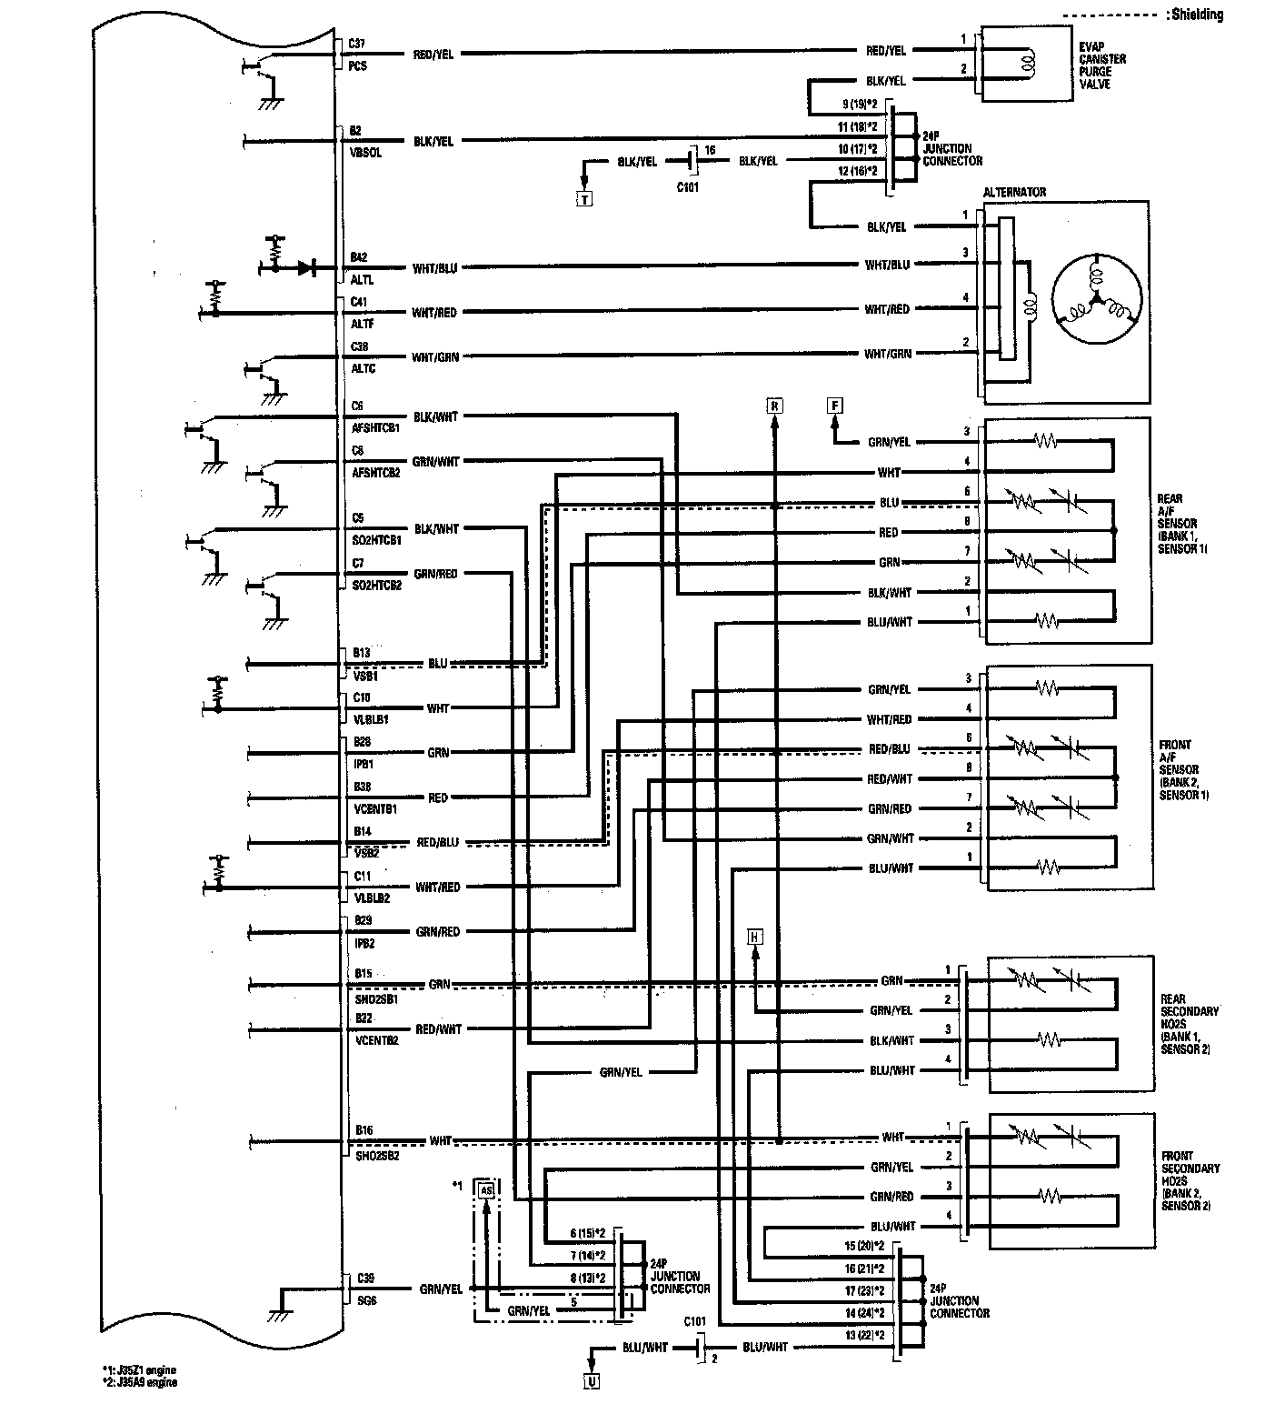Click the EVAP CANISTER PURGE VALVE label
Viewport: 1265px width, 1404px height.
[1102, 65]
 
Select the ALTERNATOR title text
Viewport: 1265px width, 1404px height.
[1014, 193]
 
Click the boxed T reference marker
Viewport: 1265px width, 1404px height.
[584, 198]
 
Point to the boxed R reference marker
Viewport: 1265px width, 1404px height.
[774, 406]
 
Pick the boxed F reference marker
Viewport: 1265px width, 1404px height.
[834, 406]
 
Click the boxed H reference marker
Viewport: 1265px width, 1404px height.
[755, 937]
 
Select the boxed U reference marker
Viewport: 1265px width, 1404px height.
[592, 1381]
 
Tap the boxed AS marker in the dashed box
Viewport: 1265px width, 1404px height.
[487, 1189]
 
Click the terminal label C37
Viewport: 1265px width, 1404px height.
[357, 44]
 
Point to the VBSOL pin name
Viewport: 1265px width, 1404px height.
[365, 153]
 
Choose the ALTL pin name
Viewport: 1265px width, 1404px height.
[362, 280]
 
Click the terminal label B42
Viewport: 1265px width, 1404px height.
[358, 257]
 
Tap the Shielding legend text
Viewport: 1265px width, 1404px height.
[1197, 15]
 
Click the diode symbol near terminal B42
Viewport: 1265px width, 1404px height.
[305, 268]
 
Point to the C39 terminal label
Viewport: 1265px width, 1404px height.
[365, 1278]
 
